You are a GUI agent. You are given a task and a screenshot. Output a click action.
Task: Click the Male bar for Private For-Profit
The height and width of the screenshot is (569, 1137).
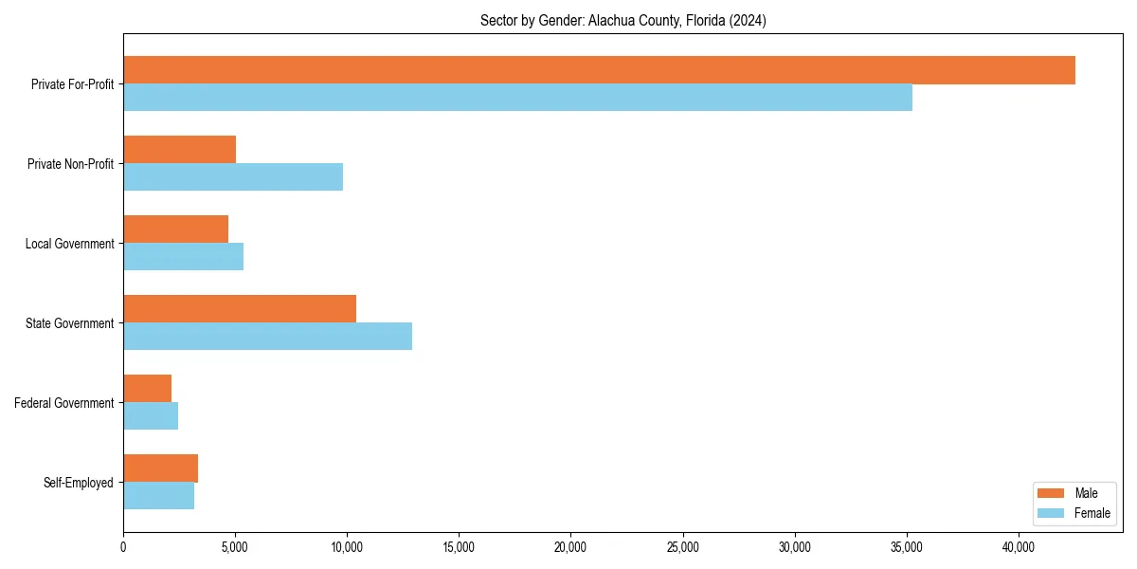(599, 70)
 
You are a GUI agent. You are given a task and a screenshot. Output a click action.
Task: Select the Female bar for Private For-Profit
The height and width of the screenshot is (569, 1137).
(517, 98)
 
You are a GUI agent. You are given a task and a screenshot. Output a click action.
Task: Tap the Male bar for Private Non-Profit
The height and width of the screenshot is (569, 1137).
(179, 150)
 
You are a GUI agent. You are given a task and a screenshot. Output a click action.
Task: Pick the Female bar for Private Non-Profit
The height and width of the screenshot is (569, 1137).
(233, 177)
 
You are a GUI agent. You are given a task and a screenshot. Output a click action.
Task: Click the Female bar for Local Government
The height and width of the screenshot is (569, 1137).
(183, 257)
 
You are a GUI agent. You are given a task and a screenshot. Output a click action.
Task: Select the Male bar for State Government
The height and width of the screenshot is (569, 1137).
(240, 309)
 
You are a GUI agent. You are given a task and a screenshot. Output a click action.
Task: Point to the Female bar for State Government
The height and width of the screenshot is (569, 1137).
(267, 337)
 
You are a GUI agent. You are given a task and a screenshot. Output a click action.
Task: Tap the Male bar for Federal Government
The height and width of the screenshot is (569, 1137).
(147, 389)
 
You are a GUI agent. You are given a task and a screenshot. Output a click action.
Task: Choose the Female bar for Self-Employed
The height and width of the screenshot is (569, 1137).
(158, 496)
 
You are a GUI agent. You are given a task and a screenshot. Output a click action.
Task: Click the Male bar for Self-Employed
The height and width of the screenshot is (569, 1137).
(160, 468)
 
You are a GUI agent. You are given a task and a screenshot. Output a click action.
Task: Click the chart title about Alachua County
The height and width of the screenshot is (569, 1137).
(623, 20)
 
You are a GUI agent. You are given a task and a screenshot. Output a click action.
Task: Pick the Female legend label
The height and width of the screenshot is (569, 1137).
(1092, 513)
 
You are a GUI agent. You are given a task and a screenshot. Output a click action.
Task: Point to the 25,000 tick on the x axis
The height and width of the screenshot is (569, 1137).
(682, 546)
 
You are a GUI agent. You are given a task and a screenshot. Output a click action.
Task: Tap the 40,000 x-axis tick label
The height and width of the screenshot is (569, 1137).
(1019, 546)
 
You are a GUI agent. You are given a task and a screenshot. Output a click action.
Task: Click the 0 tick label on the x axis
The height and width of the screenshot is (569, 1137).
(123, 546)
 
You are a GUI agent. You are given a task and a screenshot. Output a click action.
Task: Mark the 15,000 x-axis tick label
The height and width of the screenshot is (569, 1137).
(459, 546)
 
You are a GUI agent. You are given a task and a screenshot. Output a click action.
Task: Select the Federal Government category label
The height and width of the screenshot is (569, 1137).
(64, 403)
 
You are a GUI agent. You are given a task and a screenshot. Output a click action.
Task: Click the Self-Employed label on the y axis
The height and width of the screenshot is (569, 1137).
(79, 483)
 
